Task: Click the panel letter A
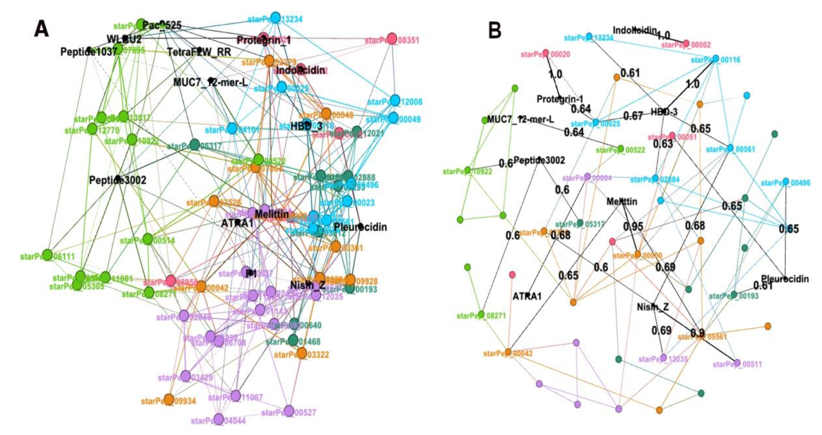42,29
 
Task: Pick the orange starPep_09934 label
168,401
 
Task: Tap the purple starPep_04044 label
218,421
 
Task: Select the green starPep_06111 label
47,256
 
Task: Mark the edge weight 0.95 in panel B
633,226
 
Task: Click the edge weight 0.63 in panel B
663,144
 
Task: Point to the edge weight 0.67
633,116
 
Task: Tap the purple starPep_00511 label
737,364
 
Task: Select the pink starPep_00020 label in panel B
545,54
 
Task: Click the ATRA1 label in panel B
527,297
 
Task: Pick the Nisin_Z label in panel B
653,307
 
